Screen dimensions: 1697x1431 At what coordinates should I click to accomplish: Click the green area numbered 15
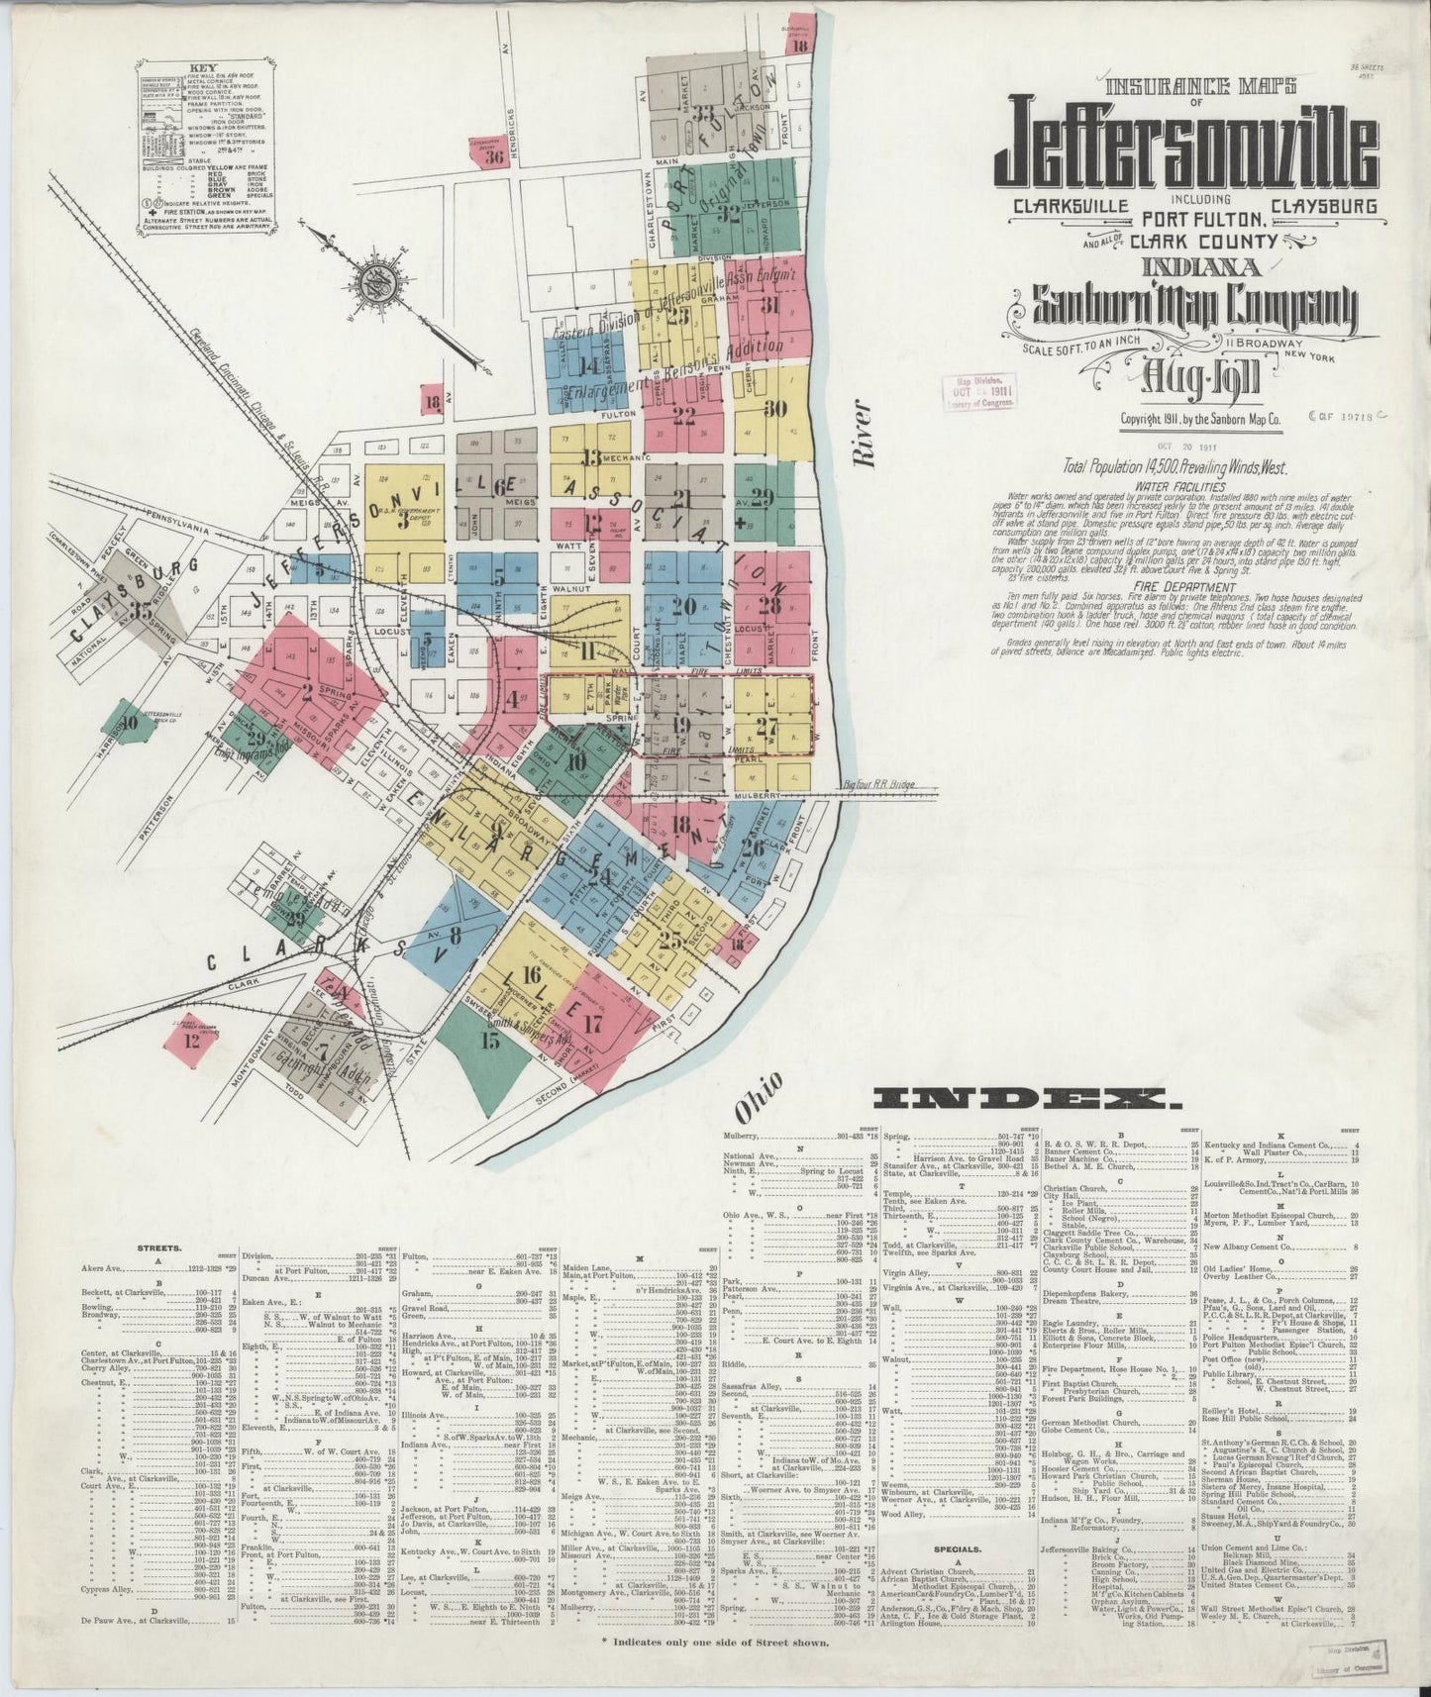(489, 1040)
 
